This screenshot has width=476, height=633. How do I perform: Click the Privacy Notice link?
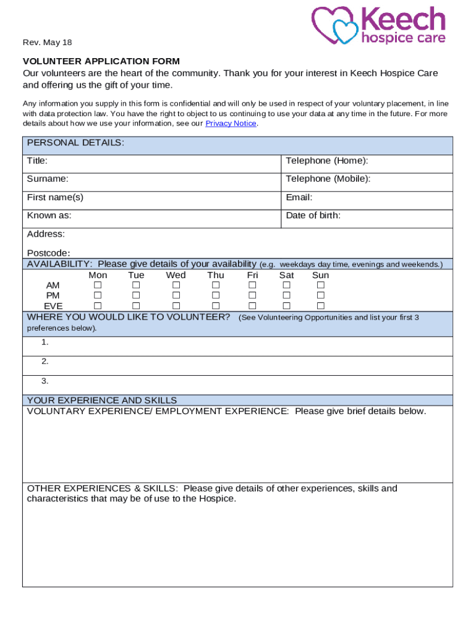pos(231,124)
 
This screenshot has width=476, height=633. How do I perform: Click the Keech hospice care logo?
pos(378,25)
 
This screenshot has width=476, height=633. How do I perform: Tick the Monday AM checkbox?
pos(98,286)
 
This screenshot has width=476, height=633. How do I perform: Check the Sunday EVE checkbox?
pos(320,306)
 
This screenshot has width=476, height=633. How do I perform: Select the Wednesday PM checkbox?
pos(176,296)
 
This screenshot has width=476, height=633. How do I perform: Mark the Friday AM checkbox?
pos(252,286)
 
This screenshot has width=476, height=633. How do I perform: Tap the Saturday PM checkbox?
pos(286,296)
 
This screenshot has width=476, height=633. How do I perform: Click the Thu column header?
pos(216,275)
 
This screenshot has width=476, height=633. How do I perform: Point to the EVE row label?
pos(53,306)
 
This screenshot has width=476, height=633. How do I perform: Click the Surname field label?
pos(48,179)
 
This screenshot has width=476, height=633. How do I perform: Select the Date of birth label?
pos(313,216)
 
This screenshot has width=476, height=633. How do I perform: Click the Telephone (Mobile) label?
pos(328,179)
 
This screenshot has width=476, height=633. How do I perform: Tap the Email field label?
pos(299,198)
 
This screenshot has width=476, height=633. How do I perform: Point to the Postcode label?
pos(48,253)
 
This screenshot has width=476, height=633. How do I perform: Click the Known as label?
pos(49,216)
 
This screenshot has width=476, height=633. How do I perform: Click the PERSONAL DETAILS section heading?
pos(75,143)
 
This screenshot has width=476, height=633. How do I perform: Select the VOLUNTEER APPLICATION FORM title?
pos(101,61)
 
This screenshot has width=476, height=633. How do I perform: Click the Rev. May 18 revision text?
pos(47,43)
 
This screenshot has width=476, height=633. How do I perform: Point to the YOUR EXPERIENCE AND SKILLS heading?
pos(102,401)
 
